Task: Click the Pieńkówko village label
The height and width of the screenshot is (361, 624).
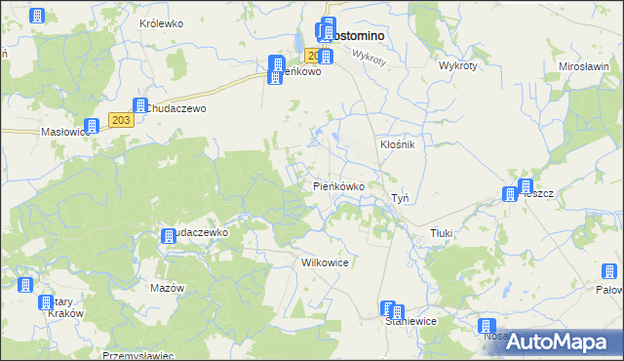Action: click(x=338, y=185)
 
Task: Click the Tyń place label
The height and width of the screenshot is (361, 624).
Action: click(x=400, y=198)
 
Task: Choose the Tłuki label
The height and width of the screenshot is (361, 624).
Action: click(x=445, y=234)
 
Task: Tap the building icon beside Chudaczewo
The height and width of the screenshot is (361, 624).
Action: click(x=140, y=105)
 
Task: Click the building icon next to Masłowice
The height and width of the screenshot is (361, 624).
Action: click(x=91, y=126)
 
